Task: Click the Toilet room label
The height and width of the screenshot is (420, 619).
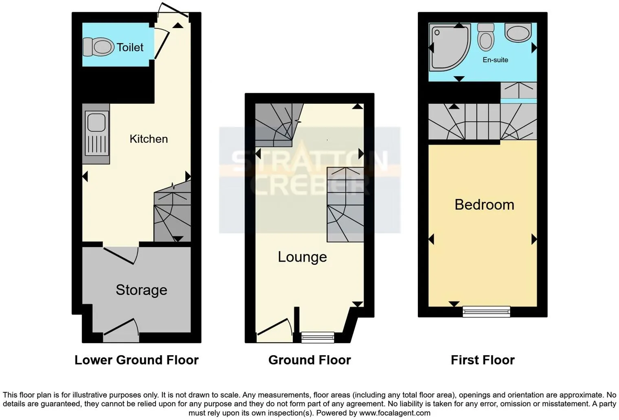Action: pos(130,48)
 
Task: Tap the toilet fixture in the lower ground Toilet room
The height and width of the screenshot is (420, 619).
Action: pos(99,47)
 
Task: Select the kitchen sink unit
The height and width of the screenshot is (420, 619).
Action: pos(96,134)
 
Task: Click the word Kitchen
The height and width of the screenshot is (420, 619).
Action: pos(149,139)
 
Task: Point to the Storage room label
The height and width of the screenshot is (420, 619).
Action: pos(141,290)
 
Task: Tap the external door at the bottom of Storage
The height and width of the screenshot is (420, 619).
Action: pos(121,327)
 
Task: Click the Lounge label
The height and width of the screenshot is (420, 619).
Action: pos(302,257)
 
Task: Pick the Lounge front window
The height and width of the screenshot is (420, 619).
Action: pos(318,337)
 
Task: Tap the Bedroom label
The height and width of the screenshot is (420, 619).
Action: pos(484,205)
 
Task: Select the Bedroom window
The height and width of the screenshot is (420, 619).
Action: pos(486,311)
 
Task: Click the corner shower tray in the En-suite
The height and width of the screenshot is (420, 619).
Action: pos(449,47)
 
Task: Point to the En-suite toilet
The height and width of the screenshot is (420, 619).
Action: pos(486,37)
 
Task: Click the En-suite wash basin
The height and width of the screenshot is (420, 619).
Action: pos(518,32)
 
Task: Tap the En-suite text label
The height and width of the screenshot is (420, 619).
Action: pos(495,60)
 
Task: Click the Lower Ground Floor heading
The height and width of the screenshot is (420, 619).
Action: pos(136,360)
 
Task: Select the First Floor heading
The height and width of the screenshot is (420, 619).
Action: pos(483,360)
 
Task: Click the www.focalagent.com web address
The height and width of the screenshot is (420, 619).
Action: pos(395,413)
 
